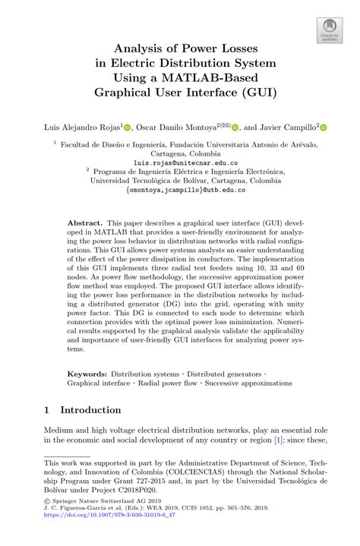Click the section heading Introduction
click(90, 410)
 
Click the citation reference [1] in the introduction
click(279, 440)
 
